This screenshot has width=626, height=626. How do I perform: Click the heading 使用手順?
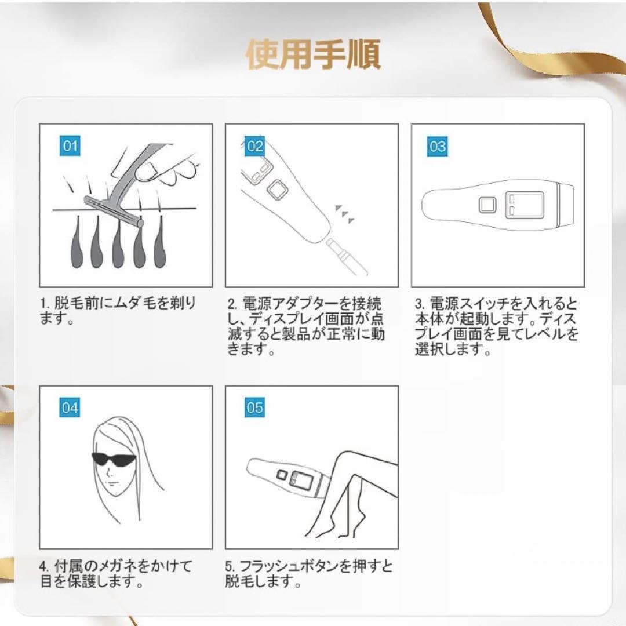[x=313, y=54]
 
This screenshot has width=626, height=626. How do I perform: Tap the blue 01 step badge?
[x=70, y=146]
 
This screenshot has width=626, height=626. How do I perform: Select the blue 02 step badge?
[x=255, y=146]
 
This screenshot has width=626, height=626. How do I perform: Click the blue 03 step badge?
[x=438, y=146]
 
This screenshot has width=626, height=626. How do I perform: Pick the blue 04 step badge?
[x=70, y=408]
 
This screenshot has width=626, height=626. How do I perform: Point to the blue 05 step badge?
[x=255, y=408]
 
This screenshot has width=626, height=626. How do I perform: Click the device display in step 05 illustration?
[x=301, y=478]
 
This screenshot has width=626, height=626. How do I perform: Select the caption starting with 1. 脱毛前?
[x=118, y=311]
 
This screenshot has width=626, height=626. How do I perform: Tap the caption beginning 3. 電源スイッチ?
[x=496, y=326]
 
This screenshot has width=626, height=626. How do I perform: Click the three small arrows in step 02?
[x=345, y=213]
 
